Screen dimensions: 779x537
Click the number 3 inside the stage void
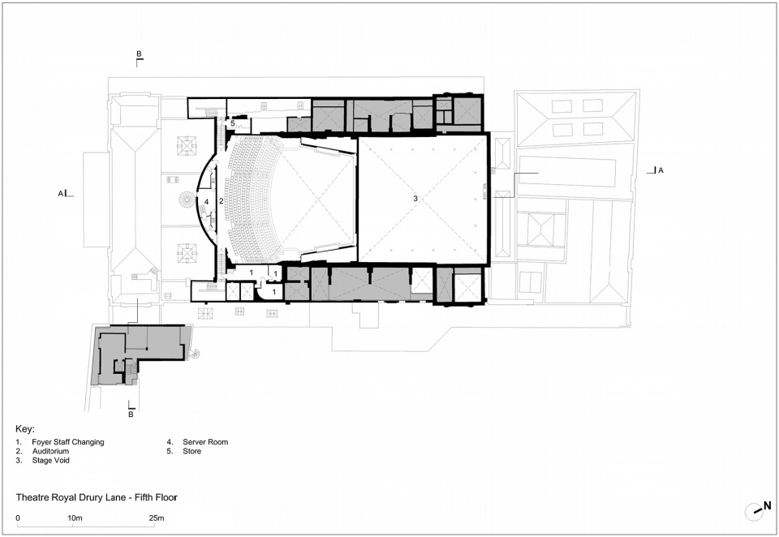click(415, 198)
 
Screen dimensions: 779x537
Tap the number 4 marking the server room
click(207, 202)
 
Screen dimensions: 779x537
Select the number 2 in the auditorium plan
click(222, 200)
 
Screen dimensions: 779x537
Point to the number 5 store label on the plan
click(232, 123)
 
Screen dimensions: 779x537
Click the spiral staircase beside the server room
click(187, 200)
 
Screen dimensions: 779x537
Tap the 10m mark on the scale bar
click(75, 518)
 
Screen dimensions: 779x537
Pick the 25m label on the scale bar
click(157, 518)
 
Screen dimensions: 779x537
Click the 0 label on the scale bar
click(18, 518)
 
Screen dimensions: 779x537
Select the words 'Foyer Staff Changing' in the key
click(68, 441)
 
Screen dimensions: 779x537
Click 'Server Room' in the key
click(205, 441)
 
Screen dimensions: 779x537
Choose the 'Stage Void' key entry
click(50, 460)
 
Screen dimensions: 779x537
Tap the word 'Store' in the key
click(192, 451)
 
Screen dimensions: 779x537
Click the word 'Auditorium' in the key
click(50, 451)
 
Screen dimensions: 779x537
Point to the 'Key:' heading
click(25, 429)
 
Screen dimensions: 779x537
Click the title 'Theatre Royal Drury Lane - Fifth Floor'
click(97, 497)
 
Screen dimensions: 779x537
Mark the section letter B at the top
click(139, 54)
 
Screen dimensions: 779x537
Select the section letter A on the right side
click(661, 170)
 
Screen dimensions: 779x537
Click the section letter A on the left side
click(61, 194)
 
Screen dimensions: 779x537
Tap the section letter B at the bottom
click(131, 414)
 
